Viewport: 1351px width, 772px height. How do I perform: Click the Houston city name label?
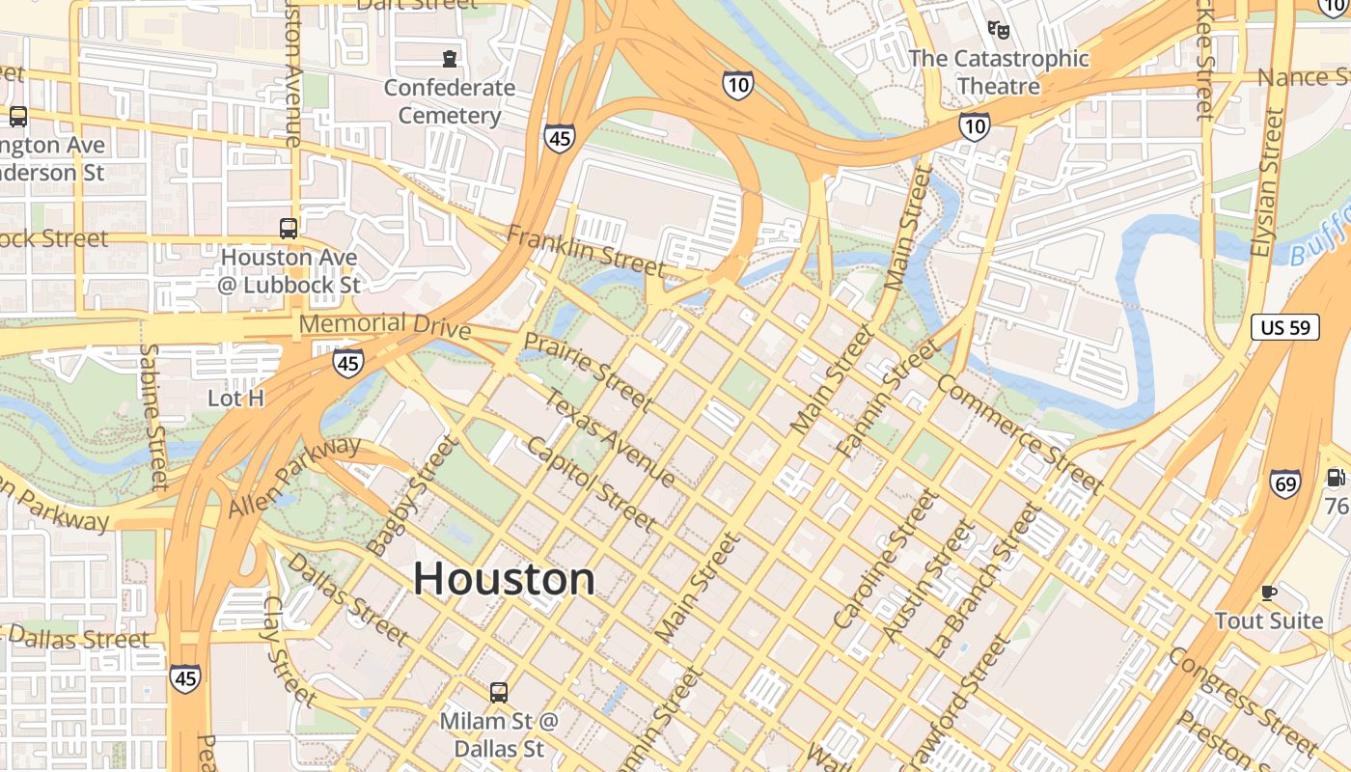pyautogui.click(x=505, y=579)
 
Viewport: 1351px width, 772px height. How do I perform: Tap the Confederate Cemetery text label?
pyautogui.click(x=450, y=101)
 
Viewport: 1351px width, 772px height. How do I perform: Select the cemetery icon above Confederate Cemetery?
pyautogui.click(x=450, y=59)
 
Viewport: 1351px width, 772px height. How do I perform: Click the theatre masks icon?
pyautogui.click(x=999, y=30)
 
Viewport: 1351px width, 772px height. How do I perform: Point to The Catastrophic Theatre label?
pyautogui.click(x=999, y=72)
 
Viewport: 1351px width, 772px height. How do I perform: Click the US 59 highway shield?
pyautogui.click(x=1285, y=327)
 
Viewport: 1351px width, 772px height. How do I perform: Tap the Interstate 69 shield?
pyautogui.click(x=1285, y=482)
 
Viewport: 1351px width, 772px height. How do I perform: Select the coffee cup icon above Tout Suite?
pyautogui.click(x=1269, y=592)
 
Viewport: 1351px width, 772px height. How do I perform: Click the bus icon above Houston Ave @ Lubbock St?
pyautogui.click(x=288, y=229)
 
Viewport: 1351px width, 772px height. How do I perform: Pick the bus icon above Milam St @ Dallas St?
pyautogui.click(x=498, y=692)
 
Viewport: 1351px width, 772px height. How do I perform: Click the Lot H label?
pyautogui.click(x=236, y=398)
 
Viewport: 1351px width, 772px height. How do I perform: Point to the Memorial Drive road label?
pyautogui.click(x=385, y=325)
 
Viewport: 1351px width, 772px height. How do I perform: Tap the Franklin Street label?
pyautogui.click(x=586, y=250)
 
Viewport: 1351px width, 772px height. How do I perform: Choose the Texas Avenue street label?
pyautogui.click(x=610, y=437)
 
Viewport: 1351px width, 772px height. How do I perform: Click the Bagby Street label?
pyautogui.click(x=411, y=495)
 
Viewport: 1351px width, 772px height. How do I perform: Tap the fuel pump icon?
pyautogui.click(x=1336, y=477)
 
